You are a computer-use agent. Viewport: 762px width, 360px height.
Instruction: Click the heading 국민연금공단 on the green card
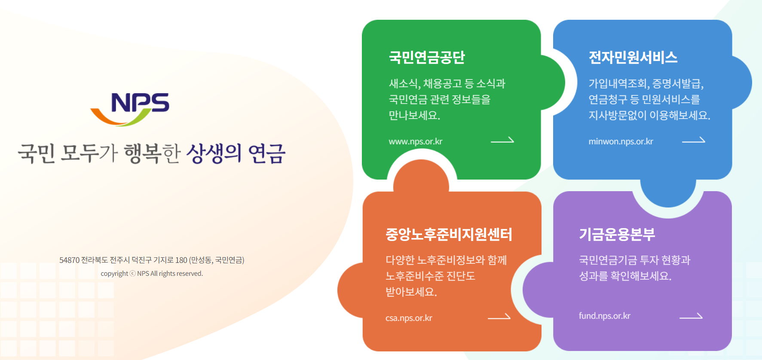pyautogui.click(x=427, y=58)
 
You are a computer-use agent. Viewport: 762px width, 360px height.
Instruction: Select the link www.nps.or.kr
pyautogui.click(x=415, y=142)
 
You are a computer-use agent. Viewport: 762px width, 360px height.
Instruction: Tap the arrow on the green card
pyautogui.click(x=502, y=140)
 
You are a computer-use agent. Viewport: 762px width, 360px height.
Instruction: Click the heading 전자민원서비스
pyautogui.click(x=633, y=58)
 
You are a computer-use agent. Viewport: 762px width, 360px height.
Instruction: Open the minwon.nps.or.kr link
pyautogui.click(x=621, y=142)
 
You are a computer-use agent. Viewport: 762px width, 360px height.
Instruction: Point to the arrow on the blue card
pyautogui.click(x=693, y=140)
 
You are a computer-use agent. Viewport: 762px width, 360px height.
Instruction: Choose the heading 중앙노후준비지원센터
pyautogui.click(x=449, y=235)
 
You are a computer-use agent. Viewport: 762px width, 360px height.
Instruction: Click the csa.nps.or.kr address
pyautogui.click(x=409, y=318)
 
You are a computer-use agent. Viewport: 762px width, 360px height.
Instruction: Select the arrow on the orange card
pyautogui.click(x=499, y=317)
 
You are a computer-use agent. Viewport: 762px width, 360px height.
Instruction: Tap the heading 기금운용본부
pyautogui.click(x=617, y=235)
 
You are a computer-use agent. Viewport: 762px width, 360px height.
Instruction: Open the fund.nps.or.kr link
pyautogui.click(x=604, y=316)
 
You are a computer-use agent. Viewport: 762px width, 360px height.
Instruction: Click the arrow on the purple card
pyautogui.click(x=691, y=317)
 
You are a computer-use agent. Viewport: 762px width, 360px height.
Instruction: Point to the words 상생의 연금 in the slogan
pyautogui.click(x=236, y=154)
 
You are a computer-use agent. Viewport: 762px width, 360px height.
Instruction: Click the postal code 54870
pyautogui.click(x=69, y=260)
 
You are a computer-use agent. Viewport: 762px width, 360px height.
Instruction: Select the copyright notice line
pyautogui.click(x=152, y=274)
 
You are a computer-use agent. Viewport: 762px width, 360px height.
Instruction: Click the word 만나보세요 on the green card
pyautogui.click(x=414, y=116)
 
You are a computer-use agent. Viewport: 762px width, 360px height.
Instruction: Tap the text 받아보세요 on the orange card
pyautogui.click(x=411, y=292)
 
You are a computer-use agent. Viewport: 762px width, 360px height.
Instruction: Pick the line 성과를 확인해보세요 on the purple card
pyautogui.click(x=625, y=276)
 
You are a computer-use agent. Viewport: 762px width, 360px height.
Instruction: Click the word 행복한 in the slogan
pyautogui.click(x=152, y=154)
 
